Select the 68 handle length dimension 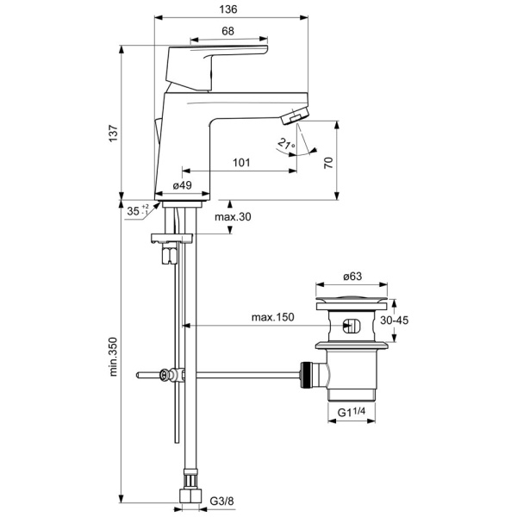(x=227, y=31)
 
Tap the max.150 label (x=273, y=317)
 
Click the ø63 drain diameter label (x=352, y=276)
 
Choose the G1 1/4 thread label (x=352, y=412)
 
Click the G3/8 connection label (x=222, y=501)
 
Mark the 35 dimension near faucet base (x=133, y=209)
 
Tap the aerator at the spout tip (x=296, y=114)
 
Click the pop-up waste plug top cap (x=352, y=303)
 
